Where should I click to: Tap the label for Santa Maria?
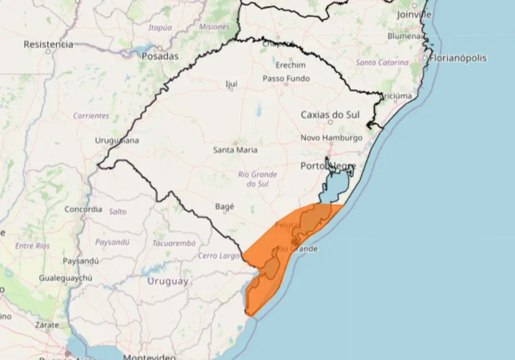point(235,150)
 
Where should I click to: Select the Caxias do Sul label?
point(330,115)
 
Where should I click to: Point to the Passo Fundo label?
point(286,78)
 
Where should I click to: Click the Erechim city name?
point(289,65)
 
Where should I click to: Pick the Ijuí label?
point(232,84)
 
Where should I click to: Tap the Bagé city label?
point(225,206)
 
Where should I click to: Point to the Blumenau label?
point(406,36)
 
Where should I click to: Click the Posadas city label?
point(160,56)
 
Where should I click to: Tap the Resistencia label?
point(48,44)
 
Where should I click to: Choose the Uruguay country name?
point(168,282)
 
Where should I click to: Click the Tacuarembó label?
point(174,243)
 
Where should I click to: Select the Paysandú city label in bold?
point(80,260)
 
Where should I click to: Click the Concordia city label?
point(83,209)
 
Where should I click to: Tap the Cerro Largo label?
point(219,256)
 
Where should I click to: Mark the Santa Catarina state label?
point(382,62)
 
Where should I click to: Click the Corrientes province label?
point(91,115)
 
